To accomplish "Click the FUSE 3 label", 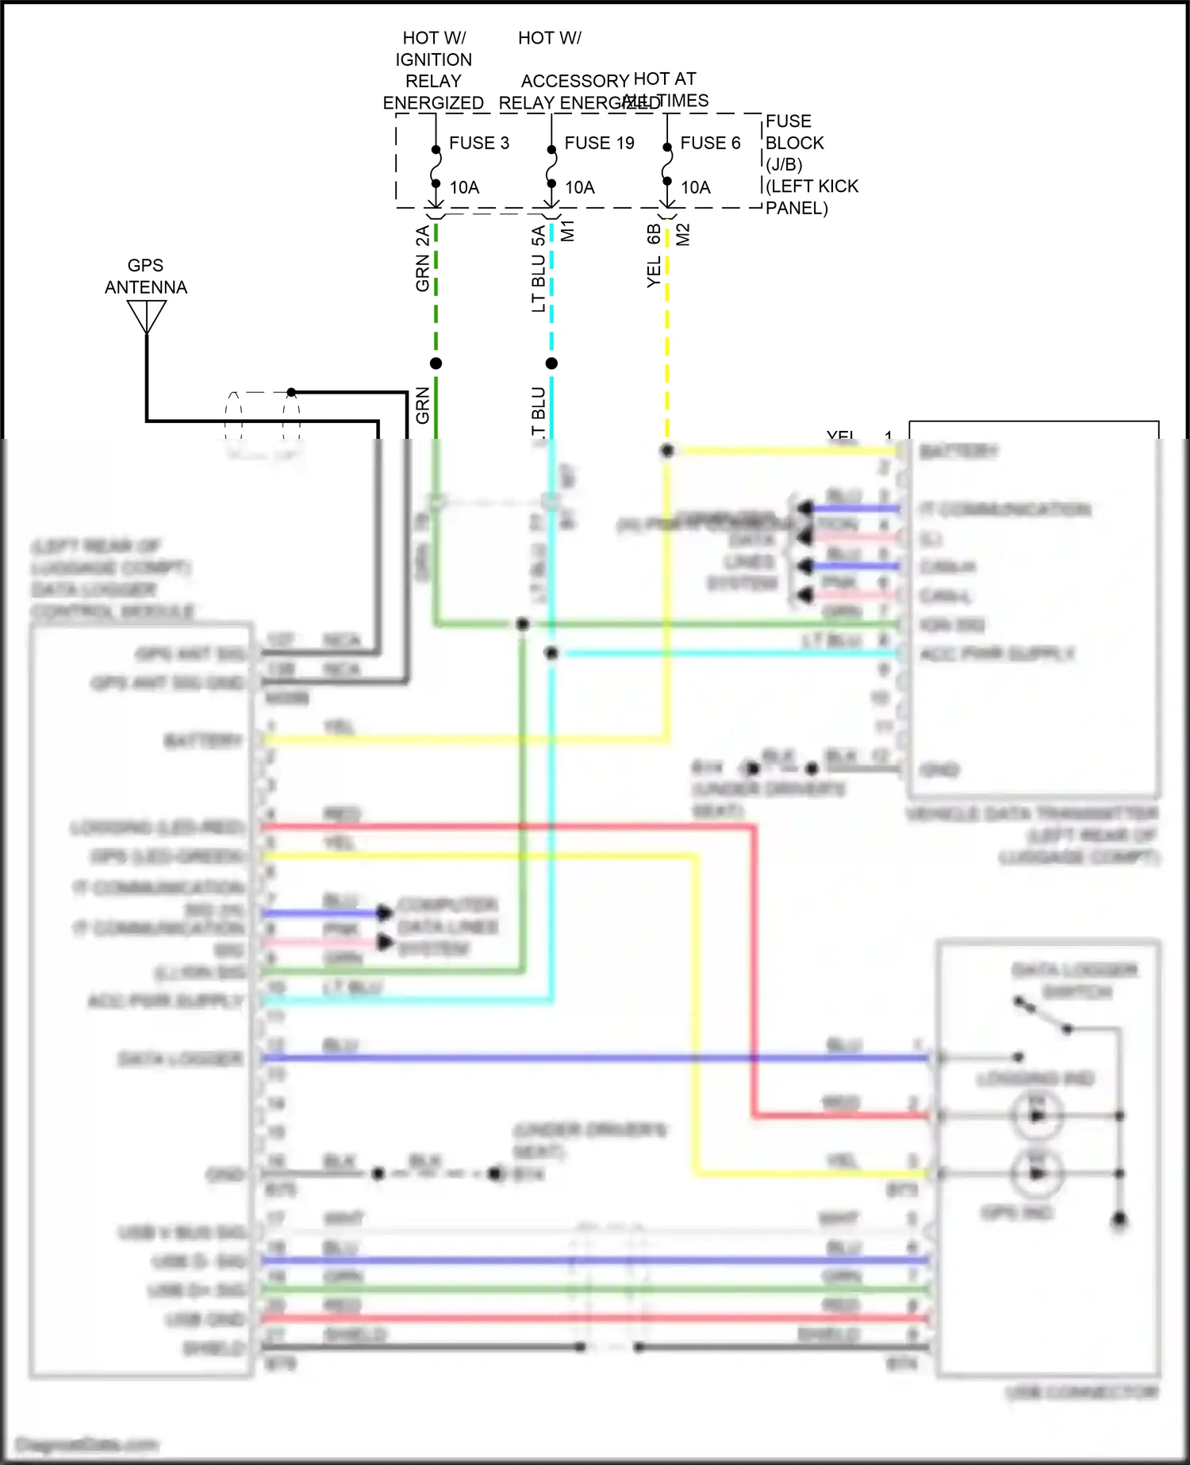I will coord(478,143).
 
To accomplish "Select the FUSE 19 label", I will coord(599,143).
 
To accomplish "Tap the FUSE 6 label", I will coord(710,143).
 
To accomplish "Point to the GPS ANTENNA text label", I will coord(146,276).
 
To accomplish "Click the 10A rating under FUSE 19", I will coord(579,187).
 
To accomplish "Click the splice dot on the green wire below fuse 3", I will coord(436,363).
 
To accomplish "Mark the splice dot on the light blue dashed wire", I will coord(551,363).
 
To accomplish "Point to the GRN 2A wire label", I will coord(423,259).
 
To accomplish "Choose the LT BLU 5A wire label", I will coord(539,268).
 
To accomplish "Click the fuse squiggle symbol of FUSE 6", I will coord(667,165).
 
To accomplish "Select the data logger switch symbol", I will coord(1043,1016).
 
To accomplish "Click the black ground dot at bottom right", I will coord(1119,1219).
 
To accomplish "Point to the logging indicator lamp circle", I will coord(1036,1116).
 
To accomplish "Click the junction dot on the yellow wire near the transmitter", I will coord(667,451).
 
